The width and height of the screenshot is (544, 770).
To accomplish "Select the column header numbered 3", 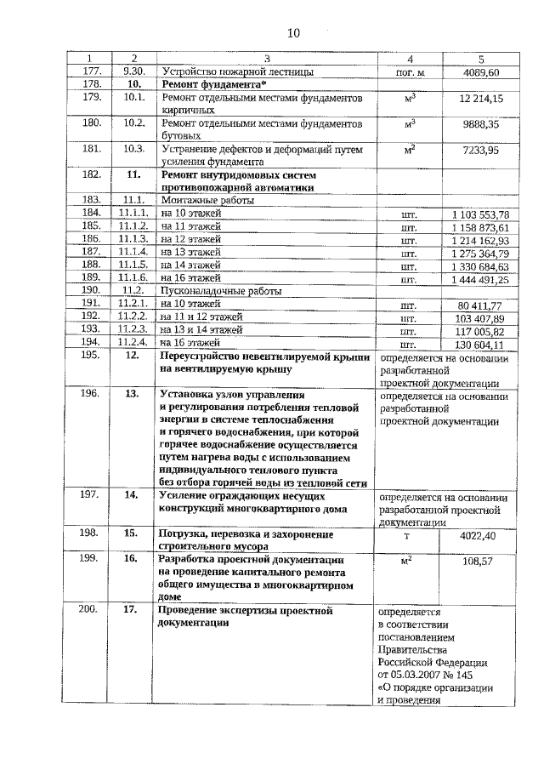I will (x=266, y=58).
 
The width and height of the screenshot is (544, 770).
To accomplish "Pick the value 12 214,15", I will (x=481, y=100).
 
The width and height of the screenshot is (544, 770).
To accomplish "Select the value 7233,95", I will (x=482, y=151).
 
